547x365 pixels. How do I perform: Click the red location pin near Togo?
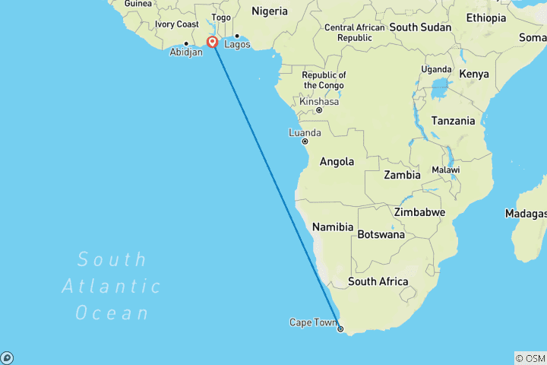point(212,42)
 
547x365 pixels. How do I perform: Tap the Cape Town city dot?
point(340,329)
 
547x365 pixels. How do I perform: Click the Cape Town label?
point(312,322)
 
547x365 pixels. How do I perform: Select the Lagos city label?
point(237,44)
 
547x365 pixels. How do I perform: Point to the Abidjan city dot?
point(185,43)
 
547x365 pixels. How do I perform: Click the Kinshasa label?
point(318,101)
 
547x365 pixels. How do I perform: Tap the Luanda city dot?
point(305,141)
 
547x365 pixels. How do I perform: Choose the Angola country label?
point(337,161)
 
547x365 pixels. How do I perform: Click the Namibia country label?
point(333,227)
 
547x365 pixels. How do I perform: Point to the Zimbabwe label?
point(419,211)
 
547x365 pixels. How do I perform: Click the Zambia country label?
point(402,175)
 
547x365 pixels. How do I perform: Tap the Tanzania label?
point(453,121)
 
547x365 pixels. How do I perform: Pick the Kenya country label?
point(473,74)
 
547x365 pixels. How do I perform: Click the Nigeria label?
point(270,11)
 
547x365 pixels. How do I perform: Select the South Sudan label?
point(420,27)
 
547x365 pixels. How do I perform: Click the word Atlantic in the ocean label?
point(112,286)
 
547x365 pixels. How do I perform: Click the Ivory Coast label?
point(177,24)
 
